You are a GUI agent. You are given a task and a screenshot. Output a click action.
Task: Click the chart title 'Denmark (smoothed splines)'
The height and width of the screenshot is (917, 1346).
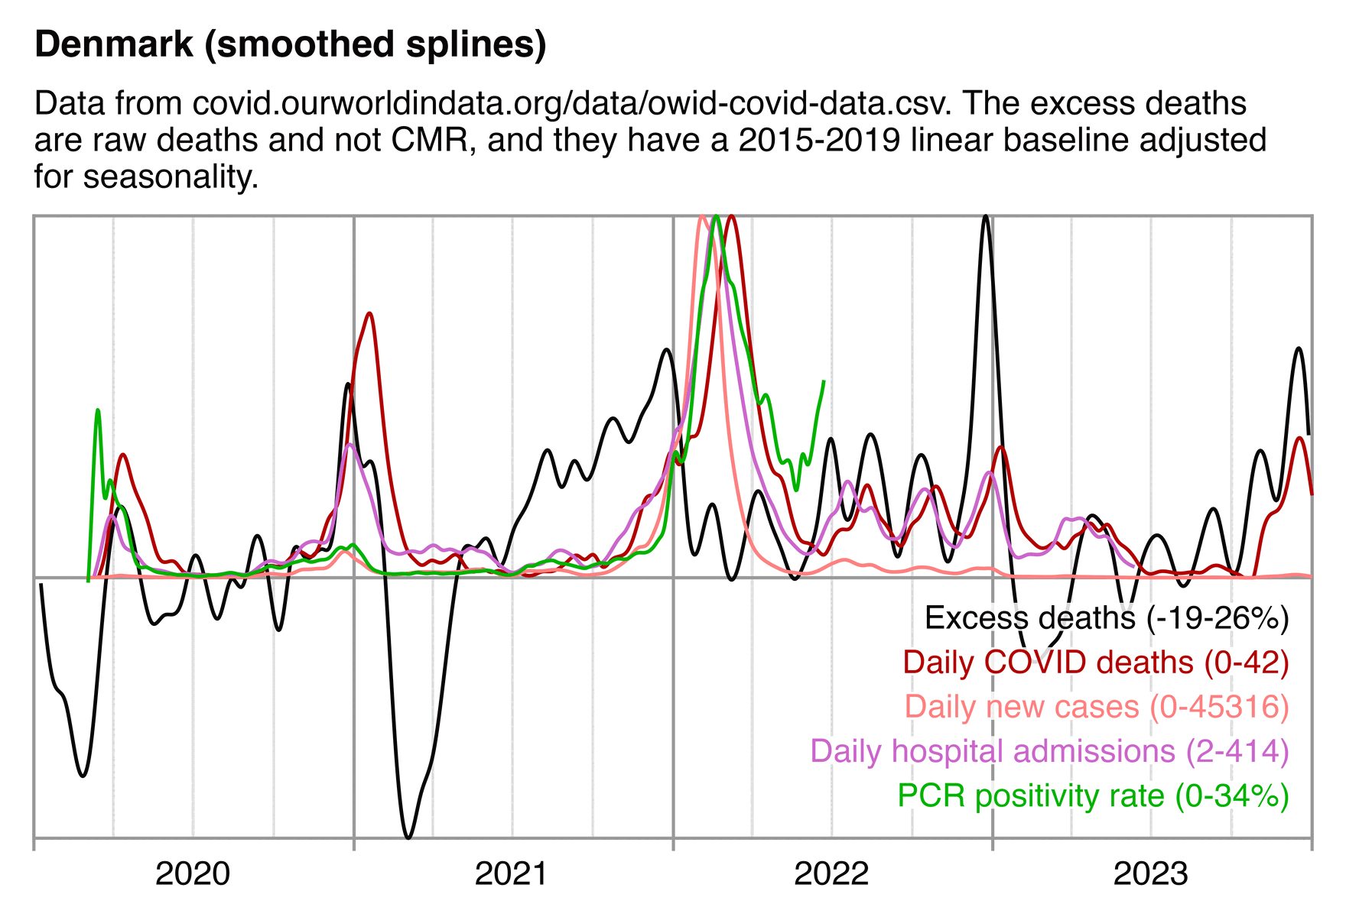(x=291, y=45)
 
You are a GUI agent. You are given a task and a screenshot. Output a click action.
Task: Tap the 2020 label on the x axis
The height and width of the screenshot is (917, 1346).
(x=192, y=873)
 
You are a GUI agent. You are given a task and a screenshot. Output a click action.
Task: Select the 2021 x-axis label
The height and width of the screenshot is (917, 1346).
(x=511, y=873)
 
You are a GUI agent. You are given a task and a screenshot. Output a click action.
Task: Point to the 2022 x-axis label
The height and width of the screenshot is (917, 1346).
(x=831, y=873)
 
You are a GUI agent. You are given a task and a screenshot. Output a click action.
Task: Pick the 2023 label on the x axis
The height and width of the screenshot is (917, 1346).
(x=1150, y=873)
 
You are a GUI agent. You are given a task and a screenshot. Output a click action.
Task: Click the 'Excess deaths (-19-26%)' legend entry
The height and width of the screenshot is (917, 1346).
(x=1106, y=618)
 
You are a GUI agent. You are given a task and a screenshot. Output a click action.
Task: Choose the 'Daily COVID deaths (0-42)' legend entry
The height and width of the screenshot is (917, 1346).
(x=1095, y=663)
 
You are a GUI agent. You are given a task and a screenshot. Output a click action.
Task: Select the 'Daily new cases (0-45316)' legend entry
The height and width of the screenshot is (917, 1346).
(x=1096, y=707)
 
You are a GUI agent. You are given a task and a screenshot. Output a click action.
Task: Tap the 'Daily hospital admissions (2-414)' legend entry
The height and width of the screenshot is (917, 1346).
(x=1049, y=751)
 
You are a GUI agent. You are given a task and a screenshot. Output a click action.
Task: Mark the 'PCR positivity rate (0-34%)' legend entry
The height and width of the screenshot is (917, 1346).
(x=1093, y=795)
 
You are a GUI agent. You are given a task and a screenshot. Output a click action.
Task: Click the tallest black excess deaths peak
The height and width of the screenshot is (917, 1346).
(x=986, y=217)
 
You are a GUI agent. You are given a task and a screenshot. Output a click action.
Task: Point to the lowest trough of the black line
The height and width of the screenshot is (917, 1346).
(x=408, y=838)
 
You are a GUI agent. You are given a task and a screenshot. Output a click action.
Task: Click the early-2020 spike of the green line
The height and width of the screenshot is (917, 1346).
(x=98, y=410)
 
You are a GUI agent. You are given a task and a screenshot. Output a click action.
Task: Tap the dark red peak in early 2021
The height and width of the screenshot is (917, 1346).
(x=369, y=313)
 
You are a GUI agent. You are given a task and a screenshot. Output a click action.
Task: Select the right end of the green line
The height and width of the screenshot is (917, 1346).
(x=824, y=381)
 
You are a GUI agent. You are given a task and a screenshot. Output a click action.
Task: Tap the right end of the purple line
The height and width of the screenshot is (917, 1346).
(x=1134, y=566)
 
